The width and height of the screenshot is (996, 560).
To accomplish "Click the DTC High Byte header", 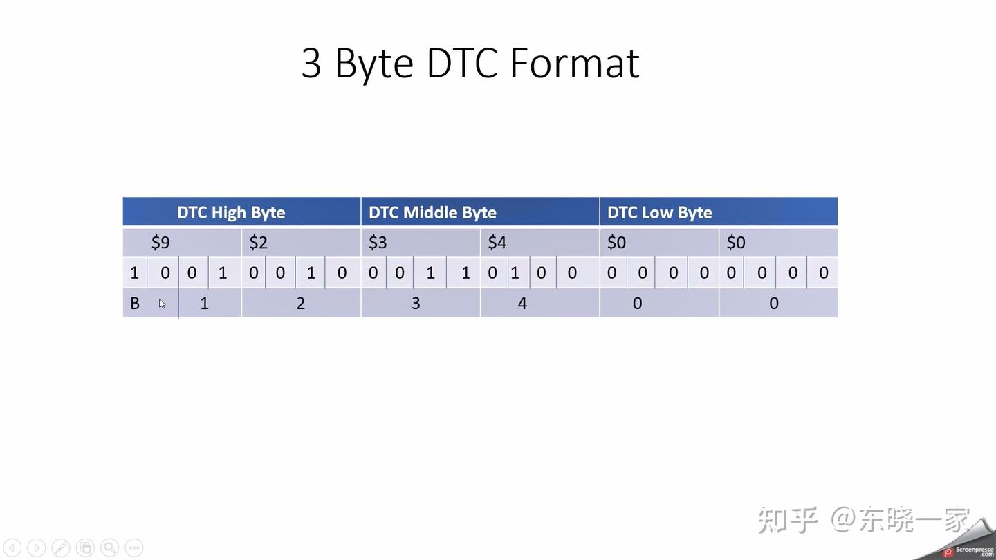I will pyautogui.click(x=231, y=212).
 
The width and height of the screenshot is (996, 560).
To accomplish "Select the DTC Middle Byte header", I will pyautogui.click(x=432, y=212).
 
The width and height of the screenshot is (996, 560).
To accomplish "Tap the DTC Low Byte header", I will pyautogui.click(x=659, y=212).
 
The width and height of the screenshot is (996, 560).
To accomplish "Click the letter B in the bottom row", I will pyautogui.click(x=135, y=304).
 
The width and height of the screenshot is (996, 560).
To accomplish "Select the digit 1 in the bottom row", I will pyautogui.click(x=204, y=304).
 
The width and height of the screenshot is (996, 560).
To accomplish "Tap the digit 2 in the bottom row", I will pyautogui.click(x=301, y=304).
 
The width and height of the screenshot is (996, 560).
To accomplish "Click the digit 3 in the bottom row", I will pyautogui.click(x=416, y=304).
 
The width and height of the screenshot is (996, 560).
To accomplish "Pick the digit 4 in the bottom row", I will pyautogui.click(x=522, y=304).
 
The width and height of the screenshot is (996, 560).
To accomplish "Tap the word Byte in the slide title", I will pyautogui.click(x=374, y=64).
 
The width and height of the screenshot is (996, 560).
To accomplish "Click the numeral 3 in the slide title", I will pyautogui.click(x=312, y=64).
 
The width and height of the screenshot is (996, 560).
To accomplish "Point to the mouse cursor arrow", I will pyautogui.click(x=162, y=303).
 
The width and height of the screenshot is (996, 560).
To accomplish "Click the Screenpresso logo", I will pyautogui.click(x=968, y=551).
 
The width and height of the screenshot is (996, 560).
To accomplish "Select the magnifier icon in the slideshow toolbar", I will pyautogui.click(x=109, y=548).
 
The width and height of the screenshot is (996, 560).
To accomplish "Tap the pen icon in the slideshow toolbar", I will pyautogui.click(x=61, y=548).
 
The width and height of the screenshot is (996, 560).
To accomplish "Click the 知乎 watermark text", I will pyautogui.click(x=788, y=520).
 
